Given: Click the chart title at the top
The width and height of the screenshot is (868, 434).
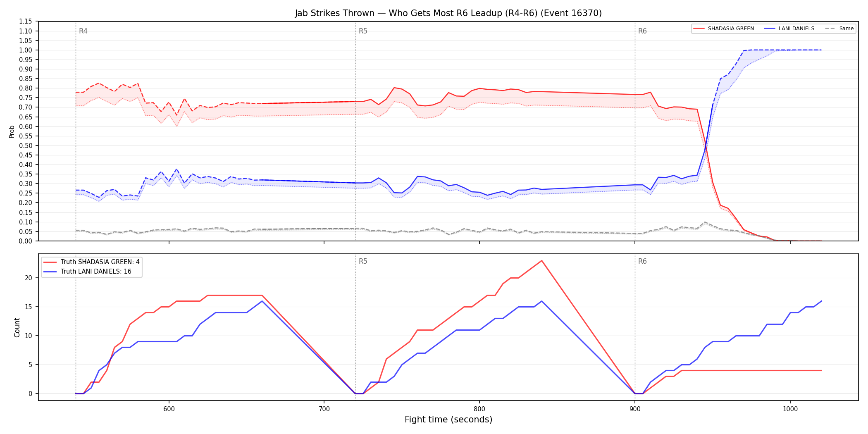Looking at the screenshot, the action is click(x=448, y=13).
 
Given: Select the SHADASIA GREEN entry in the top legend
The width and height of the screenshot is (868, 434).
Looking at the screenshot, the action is click(x=723, y=29).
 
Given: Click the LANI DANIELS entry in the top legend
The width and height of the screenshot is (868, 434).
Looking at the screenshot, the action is click(x=789, y=29).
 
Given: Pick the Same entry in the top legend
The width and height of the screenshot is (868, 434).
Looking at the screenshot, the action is click(x=839, y=29).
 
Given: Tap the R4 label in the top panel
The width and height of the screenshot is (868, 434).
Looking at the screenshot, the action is click(x=83, y=31).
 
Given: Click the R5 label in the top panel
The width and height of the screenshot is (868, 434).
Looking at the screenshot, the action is click(x=363, y=31).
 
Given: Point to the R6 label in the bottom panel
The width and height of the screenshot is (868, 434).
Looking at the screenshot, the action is click(x=642, y=261).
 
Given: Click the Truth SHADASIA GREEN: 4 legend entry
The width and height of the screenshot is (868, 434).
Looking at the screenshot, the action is click(x=91, y=262).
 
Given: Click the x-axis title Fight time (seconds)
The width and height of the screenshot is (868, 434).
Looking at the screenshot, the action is click(x=448, y=420).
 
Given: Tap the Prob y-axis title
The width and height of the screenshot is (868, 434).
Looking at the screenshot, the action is click(x=12, y=131).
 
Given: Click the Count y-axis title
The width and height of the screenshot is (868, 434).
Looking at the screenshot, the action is click(x=17, y=327).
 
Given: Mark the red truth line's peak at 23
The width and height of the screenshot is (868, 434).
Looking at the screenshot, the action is click(x=541, y=260).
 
